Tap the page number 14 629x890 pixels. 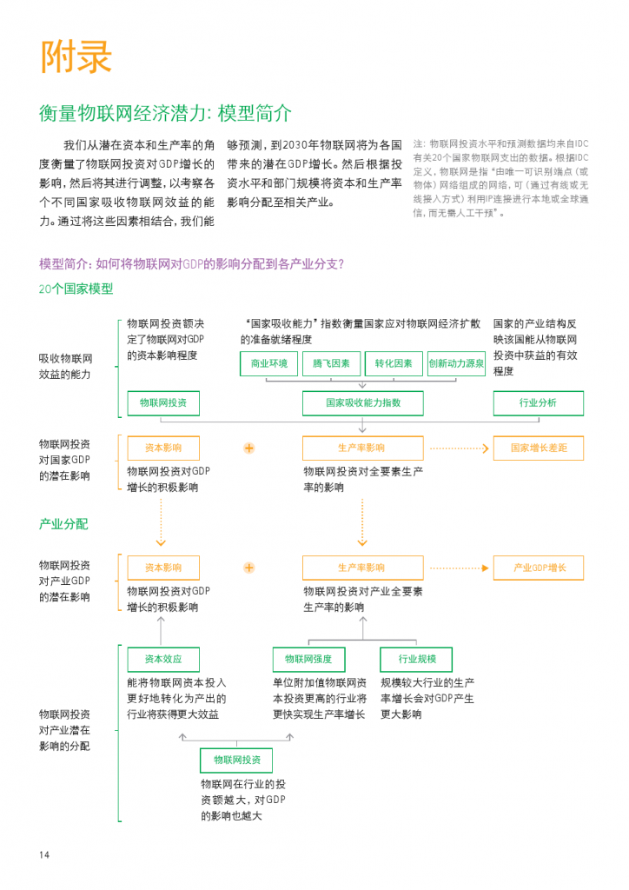tap(44, 855)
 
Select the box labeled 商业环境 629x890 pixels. tap(268, 364)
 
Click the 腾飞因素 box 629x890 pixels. tap(331, 364)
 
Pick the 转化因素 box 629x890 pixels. tap(394, 364)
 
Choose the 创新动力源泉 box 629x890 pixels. tap(456, 364)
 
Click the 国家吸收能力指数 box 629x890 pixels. tap(363, 403)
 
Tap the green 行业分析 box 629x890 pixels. tap(538, 403)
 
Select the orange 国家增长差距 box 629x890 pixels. tap(538, 448)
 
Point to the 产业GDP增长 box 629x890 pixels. tap(538, 568)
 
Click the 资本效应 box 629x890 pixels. tap(162, 659)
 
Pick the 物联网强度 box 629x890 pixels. tap(308, 659)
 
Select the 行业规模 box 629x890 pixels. tap(417, 659)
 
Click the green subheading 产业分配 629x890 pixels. tap(63, 524)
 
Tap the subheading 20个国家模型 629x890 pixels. tap(76, 289)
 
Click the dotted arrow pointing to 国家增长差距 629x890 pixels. tap(458, 448)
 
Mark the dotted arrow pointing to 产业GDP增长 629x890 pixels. tap(458, 568)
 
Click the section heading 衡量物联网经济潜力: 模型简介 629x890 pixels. tap(165, 114)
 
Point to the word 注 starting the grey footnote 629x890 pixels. tap(418, 143)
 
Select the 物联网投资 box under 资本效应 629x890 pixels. tap(235, 760)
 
